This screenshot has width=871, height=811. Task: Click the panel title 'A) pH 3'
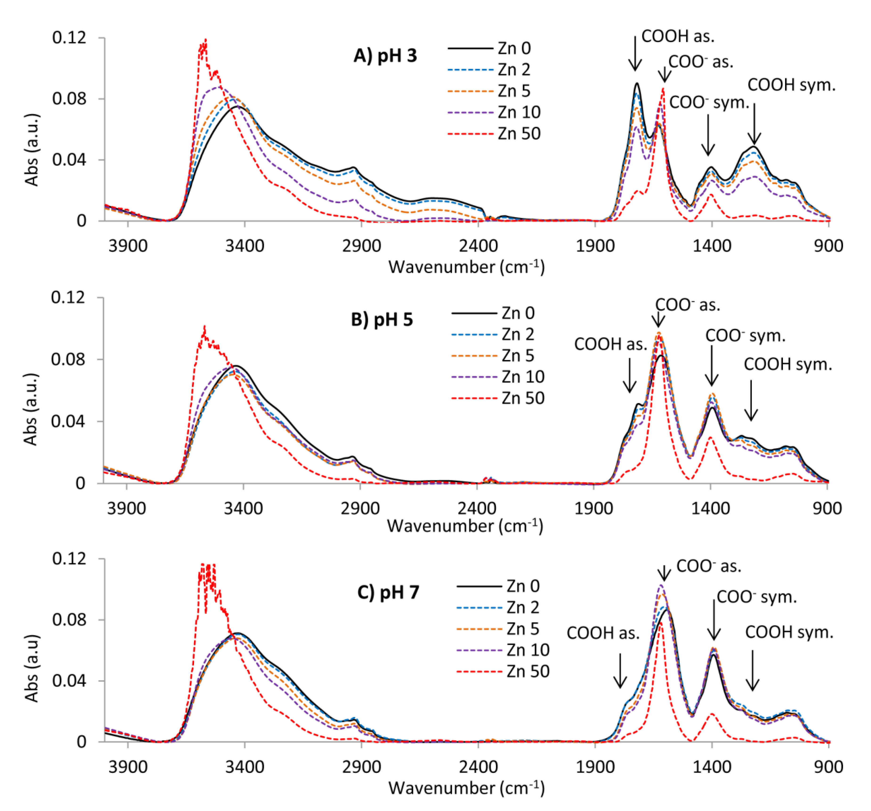[x=385, y=56]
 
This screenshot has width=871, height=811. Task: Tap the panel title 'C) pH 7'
[x=388, y=592]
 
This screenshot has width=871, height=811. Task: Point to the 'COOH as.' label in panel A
[x=677, y=36]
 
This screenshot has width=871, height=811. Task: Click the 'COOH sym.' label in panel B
[x=788, y=364]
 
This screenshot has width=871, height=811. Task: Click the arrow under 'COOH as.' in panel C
[x=620, y=670]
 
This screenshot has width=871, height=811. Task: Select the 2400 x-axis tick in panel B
[x=477, y=508]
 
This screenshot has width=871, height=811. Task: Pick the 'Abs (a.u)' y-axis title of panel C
[x=32, y=668]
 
